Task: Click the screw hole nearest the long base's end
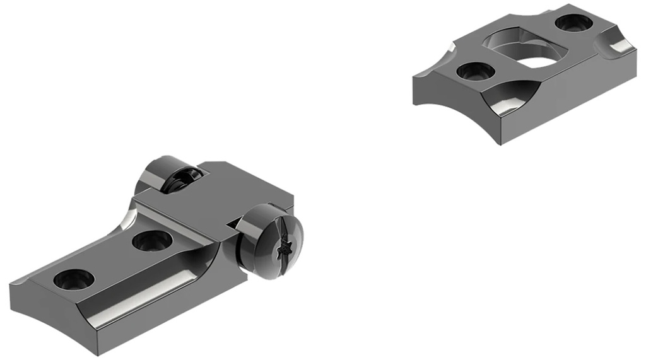(73, 279)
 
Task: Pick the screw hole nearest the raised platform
(152, 240)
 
